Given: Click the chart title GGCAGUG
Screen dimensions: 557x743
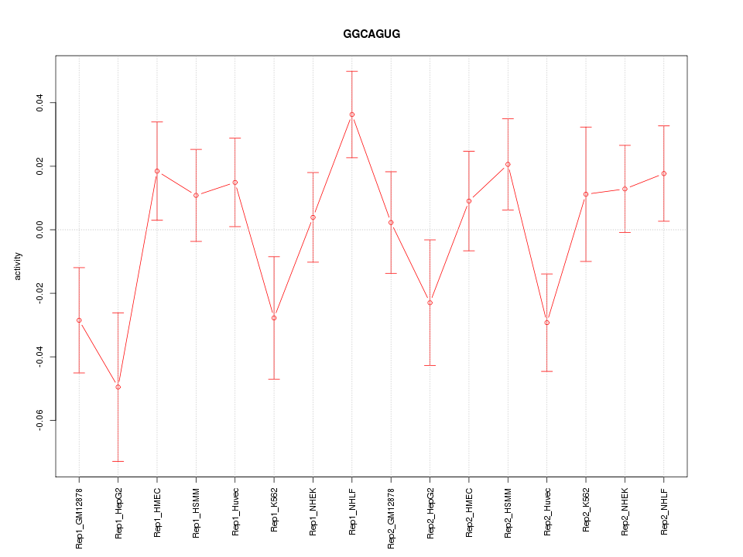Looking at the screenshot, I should click(371, 35).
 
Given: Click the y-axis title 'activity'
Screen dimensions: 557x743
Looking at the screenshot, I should click(19, 266).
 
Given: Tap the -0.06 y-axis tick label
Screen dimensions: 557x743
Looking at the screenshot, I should click(40, 421).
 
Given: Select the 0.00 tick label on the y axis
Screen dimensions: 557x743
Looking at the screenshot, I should click(40, 230).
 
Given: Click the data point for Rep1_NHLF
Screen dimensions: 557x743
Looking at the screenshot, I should click(352, 114).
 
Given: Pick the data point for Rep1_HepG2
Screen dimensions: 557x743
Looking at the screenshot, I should click(118, 387).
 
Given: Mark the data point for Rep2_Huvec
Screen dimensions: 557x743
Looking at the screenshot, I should click(547, 323).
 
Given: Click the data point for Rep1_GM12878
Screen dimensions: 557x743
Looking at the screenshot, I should click(79, 320).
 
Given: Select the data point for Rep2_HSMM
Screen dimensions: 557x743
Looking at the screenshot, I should click(508, 164).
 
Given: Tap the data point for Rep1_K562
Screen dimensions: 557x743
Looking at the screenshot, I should click(274, 318).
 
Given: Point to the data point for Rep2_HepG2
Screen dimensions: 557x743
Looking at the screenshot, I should click(430, 302).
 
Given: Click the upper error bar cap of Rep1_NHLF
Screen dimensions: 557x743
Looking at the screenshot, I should click(352, 71).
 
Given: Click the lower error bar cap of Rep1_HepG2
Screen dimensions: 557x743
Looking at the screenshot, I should click(118, 461).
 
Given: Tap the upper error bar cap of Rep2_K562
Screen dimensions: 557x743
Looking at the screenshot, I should click(586, 127).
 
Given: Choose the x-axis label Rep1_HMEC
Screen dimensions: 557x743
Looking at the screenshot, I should click(157, 512).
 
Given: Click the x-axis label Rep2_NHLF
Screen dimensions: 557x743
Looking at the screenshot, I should click(664, 512).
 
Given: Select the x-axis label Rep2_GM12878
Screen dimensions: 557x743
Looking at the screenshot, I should click(391, 518).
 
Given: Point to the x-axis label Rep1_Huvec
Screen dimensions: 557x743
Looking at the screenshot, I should click(235, 512).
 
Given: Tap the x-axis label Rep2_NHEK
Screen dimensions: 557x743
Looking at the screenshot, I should click(625, 512).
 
